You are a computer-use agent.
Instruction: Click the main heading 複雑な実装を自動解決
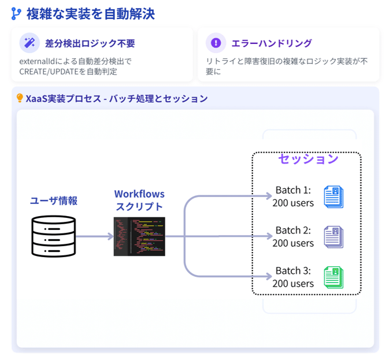coord(90,14)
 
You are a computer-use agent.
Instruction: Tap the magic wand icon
coord(29,43)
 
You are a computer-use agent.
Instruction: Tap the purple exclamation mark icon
coord(216,43)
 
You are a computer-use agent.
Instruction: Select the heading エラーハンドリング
coord(271,43)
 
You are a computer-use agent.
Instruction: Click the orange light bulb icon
coord(20,98)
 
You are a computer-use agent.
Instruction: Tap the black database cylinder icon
coord(53,236)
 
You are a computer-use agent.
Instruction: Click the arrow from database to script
coord(94,236)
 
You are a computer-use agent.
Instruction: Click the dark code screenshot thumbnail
coord(139,236)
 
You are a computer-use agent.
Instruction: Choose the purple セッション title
coord(308,159)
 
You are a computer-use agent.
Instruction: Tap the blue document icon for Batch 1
coord(334,196)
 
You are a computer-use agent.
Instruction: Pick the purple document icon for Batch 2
coord(334,236)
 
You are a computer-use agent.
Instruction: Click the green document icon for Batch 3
coord(334,277)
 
